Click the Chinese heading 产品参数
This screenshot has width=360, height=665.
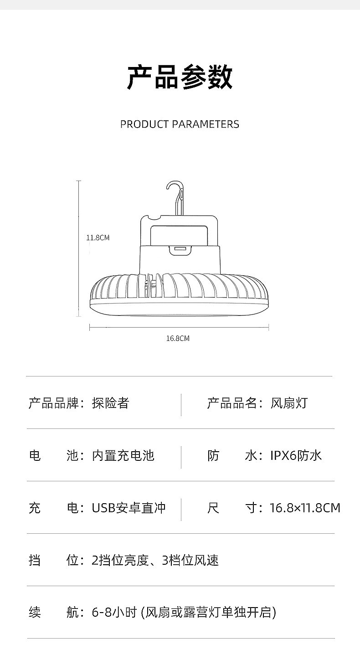click(x=180, y=77)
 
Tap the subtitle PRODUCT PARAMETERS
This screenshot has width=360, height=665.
click(x=180, y=124)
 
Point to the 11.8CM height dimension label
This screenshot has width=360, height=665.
click(x=98, y=237)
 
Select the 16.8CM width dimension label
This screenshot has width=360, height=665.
click(x=178, y=338)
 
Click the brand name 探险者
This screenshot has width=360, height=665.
click(x=111, y=403)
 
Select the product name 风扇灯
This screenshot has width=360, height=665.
click(x=289, y=403)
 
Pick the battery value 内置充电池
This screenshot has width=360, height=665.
click(x=123, y=455)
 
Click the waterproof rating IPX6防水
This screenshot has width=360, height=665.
click(x=296, y=455)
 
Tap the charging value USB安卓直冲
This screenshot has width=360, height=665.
click(x=129, y=508)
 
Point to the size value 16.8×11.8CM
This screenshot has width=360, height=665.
click(x=305, y=508)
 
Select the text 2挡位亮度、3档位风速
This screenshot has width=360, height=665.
click(x=155, y=560)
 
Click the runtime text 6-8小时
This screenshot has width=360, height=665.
click(x=114, y=613)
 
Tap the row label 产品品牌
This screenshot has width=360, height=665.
click(x=54, y=403)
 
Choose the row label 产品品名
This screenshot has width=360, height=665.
click(x=232, y=403)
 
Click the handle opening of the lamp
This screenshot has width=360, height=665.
click(x=180, y=233)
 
